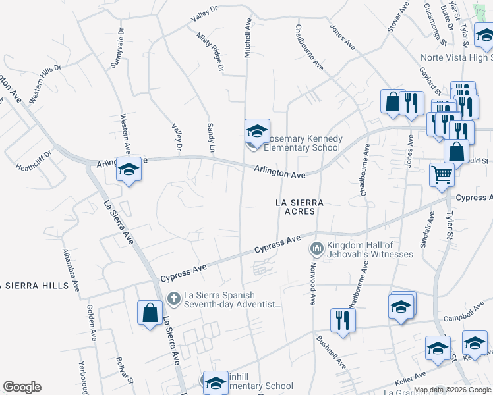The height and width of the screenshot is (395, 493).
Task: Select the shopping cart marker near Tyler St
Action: tap(442, 175)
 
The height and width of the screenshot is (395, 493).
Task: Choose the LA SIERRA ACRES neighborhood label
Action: tap(301, 207)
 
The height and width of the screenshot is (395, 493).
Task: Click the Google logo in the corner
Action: tap(22, 387)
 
